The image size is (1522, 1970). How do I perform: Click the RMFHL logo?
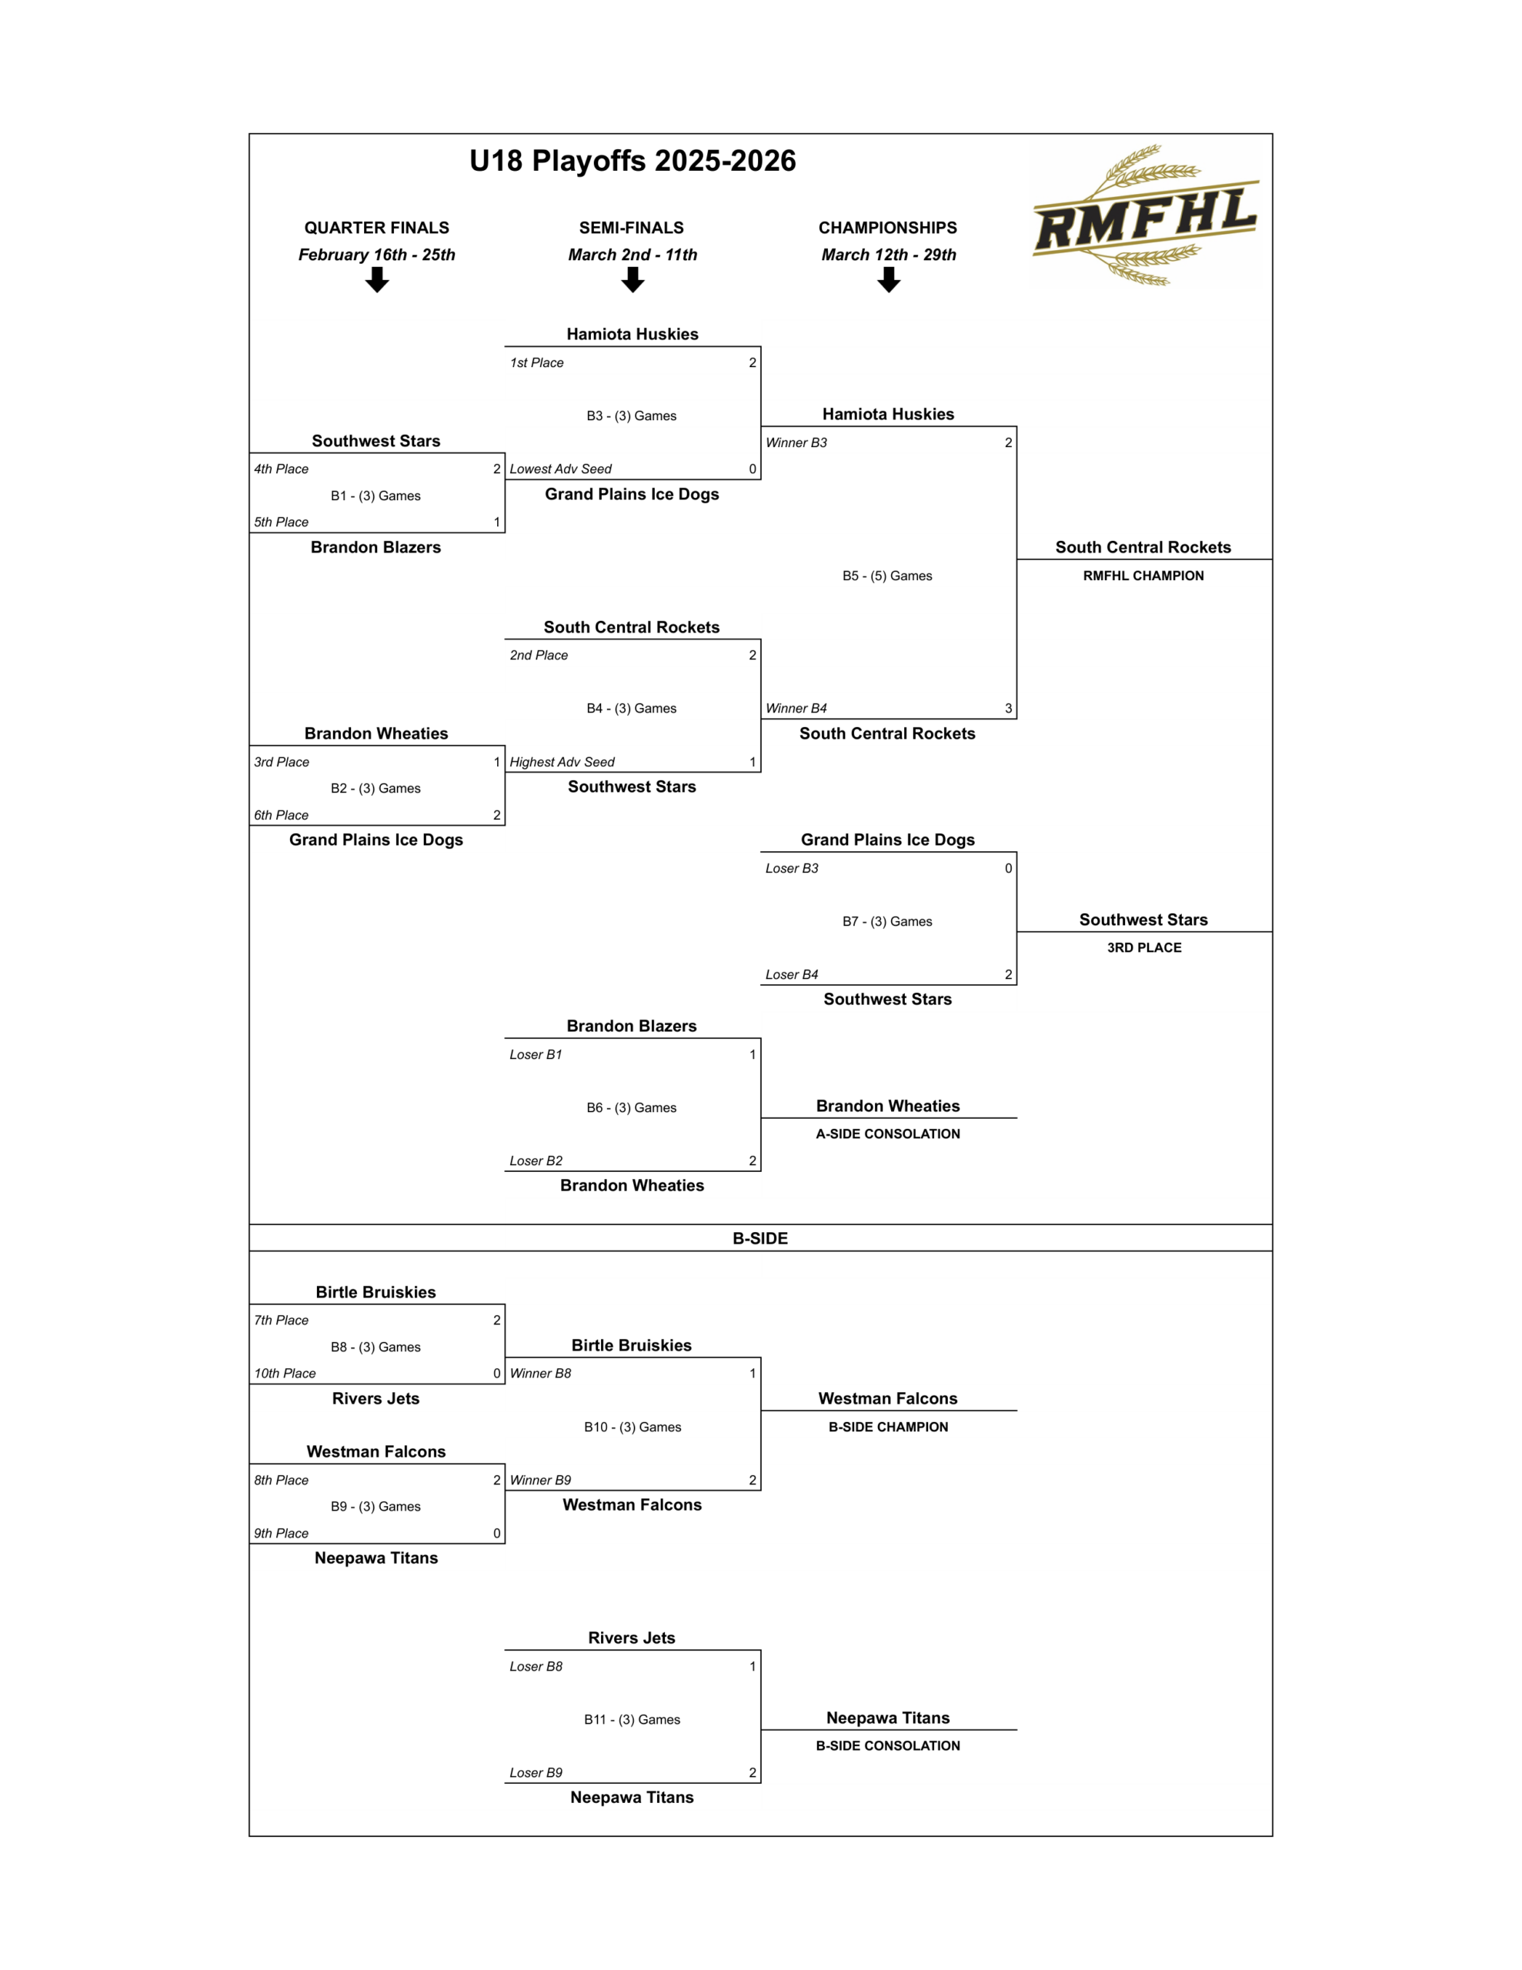pyautogui.click(x=1144, y=215)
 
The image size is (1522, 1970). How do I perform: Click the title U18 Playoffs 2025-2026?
pyautogui.click(x=632, y=161)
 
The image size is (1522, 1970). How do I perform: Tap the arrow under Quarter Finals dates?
pyautogui.click(x=377, y=281)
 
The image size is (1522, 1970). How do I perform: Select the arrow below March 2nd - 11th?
pyautogui.click(x=632, y=281)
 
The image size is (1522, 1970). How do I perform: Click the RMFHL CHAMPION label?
pyautogui.click(x=1143, y=576)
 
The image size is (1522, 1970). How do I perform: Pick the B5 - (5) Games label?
pyautogui.click(x=887, y=576)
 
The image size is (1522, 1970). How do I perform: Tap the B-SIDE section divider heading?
pyautogui.click(x=759, y=1238)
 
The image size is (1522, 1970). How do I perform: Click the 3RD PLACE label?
pyautogui.click(x=1144, y=947)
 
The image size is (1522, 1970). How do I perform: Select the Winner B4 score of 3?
pyautogui.click(x=1008, y=708)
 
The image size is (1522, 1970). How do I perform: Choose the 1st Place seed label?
pyautogui.click(x=537, y=362)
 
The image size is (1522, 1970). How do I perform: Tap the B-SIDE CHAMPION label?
pyautogui.click(x=888, y=1427)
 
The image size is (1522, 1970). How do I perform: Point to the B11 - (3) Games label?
pyautogui.click(x=632, y=1719)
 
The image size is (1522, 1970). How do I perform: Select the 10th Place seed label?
pyautogui.click(x=285, y=1373)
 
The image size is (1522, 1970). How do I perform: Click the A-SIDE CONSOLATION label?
pyautogui.click(x=888, y=1134)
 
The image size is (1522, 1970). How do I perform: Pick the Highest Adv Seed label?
pyautogui.click(x=562, y=762)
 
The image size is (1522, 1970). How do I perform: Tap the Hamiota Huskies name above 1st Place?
pyautogui.click(x=632, y=335)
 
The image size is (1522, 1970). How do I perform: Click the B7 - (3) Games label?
pyautogui.click(x=887, y=921)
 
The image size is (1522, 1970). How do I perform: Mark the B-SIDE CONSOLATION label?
pyautogui.click(x=888, y=1745)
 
